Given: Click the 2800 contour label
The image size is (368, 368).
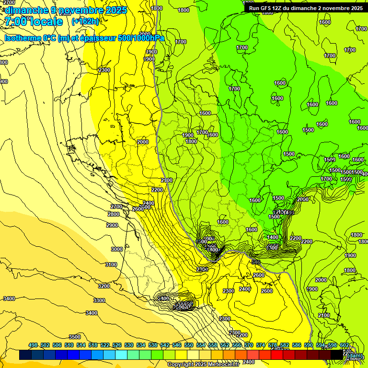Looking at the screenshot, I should point(114,214).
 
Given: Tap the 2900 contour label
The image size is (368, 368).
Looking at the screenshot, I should point(112,225).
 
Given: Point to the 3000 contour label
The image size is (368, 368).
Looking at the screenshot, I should point(117,249).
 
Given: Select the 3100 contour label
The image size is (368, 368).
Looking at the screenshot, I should point(111,264).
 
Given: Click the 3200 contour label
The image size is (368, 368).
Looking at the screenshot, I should point(104,286).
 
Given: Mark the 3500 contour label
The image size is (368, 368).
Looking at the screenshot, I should point(75,337).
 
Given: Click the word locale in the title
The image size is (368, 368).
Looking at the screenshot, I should point(45,22).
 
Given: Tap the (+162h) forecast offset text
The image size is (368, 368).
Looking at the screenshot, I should point(85,22).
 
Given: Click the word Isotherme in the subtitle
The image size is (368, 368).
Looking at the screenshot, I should point(23,38).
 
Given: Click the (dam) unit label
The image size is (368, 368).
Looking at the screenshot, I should point(355,356).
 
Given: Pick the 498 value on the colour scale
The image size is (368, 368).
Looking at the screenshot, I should point(33,345).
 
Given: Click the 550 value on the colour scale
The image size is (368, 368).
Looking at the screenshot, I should point(189,345).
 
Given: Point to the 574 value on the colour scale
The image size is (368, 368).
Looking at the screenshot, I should point(261,345).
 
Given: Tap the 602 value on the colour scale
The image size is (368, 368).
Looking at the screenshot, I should point(345,345).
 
